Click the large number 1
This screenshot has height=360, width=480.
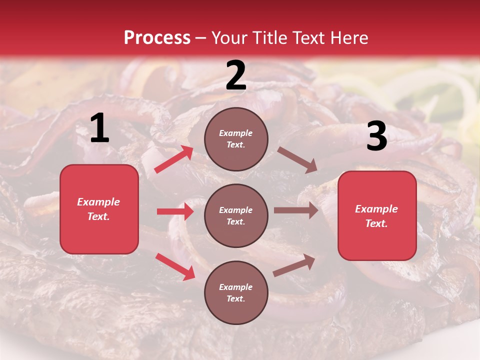tap(99, 128)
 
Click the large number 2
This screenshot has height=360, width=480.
tap(236, 75)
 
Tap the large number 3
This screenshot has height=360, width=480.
tap(376, 136)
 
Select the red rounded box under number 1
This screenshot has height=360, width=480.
tap(99, 209)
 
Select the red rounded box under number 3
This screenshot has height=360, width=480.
tap(377, 216)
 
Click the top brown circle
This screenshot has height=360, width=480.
tap(236, 139)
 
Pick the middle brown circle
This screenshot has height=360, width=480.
tap(236, 215)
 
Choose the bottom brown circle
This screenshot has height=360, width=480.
tap(236, 292)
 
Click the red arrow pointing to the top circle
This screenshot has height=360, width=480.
tap(174, 159)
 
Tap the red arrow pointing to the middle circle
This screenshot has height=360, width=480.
tap(175, 211)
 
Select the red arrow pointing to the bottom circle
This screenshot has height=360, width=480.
tap(175, 266)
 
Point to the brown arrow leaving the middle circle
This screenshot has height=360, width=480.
tap(296, 210)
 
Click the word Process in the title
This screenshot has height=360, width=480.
tap(157, 37)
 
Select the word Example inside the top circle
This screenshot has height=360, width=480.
tap(236, 133)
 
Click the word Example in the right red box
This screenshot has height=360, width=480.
tap(376, 209)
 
